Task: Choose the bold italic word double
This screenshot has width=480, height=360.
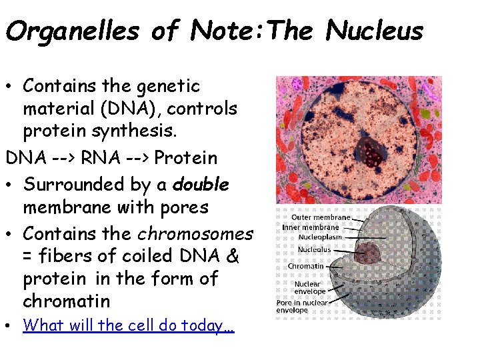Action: click(x=200, y=183)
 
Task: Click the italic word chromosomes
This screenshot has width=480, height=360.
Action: click(x=195, y=233)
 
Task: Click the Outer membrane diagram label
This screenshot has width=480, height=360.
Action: click(x=321, y=217)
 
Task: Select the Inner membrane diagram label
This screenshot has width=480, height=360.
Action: click(x=311, y=227)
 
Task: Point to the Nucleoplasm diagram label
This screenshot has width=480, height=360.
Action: click(x=320, y=237)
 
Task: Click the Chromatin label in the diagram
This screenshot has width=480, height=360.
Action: click(x=305, y=266)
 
